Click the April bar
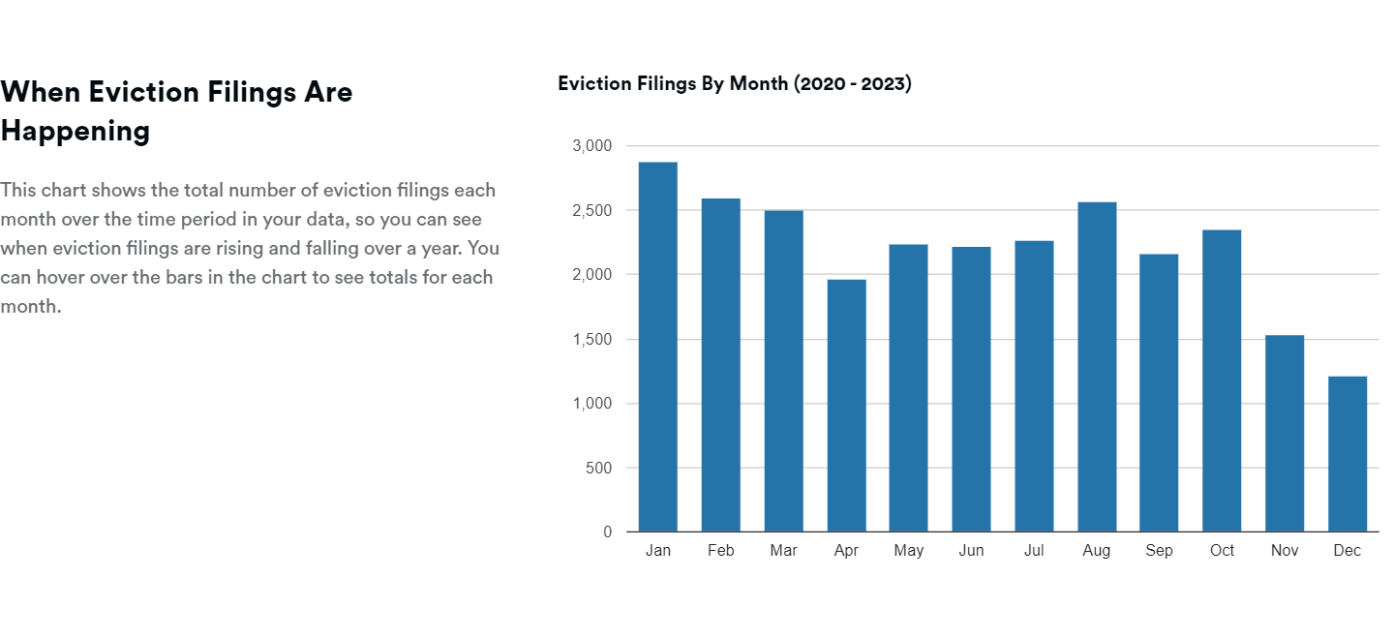pos(846,406)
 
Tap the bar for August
pos(1097,367)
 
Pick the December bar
pos(1348,454)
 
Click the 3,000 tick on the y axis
pos(592,146)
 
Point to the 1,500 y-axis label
pos(592,340)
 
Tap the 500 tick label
pos(599,469)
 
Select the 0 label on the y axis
pos(608,532)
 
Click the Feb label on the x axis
pos(721,551)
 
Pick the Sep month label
pos(1159,551)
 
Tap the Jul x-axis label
pos(1034,551)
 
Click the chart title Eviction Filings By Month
pos(674,83)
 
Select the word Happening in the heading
pos(76,131)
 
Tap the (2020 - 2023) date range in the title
pos(853,83)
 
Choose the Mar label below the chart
pos(783,551)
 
